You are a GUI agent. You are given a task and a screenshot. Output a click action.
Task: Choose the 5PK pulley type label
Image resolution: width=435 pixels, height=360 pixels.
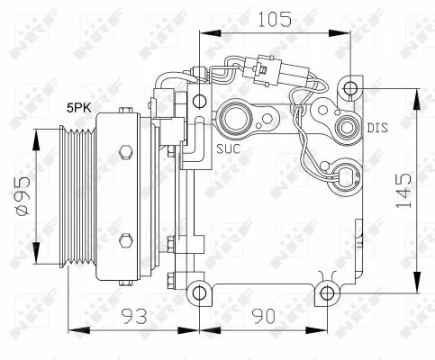[x=77, y=108]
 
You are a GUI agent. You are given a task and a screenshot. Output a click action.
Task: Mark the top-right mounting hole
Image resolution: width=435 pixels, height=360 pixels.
[x=350, y=88]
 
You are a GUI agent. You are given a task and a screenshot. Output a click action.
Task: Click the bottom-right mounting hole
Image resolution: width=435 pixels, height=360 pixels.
[x=327, y=292]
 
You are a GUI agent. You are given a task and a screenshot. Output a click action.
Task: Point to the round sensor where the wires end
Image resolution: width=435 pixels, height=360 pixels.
[x=344, y=171]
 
